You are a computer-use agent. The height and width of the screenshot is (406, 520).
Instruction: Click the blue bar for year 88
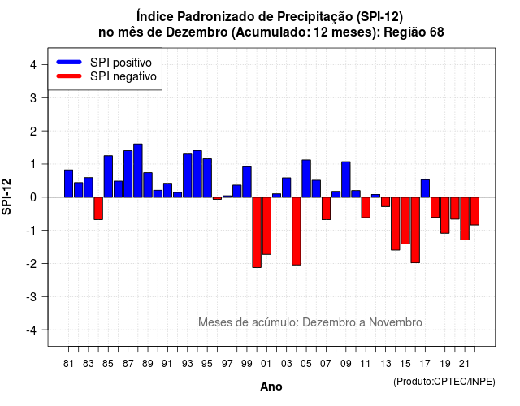point(138,171)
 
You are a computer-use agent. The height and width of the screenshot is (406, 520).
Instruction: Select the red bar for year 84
point(98,209)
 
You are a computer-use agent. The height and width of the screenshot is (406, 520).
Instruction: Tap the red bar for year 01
point(266,226)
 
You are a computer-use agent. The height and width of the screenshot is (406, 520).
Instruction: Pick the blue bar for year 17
point(425,188)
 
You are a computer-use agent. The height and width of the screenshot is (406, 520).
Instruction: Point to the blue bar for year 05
point(306,179)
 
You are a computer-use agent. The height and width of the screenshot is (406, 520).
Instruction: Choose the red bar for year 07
point(327,209)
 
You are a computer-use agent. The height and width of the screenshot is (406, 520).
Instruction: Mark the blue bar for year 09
point(346,179)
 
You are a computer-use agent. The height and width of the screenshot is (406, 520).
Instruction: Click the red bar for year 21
point(465,218)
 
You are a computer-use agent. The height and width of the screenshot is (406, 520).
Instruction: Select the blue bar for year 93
point(188,175)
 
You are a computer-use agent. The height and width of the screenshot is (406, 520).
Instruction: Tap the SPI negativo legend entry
point(106,76)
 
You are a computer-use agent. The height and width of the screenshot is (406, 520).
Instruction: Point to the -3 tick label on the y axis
point(32,296)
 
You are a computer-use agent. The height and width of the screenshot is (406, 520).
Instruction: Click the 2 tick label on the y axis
point(33,132)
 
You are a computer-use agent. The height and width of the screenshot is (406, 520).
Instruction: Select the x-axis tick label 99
point(247,364)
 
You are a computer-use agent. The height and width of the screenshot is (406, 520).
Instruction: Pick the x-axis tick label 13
point(386,364)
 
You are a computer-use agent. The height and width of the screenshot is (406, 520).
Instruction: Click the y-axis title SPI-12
point(6,197)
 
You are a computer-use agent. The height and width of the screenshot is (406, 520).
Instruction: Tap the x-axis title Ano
point(271,387)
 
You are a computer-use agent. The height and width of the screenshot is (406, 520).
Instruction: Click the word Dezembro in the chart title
point(197,32)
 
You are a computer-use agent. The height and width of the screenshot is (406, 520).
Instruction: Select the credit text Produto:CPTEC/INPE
point(444,382)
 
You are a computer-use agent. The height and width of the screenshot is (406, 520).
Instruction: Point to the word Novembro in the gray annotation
point(396,322)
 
